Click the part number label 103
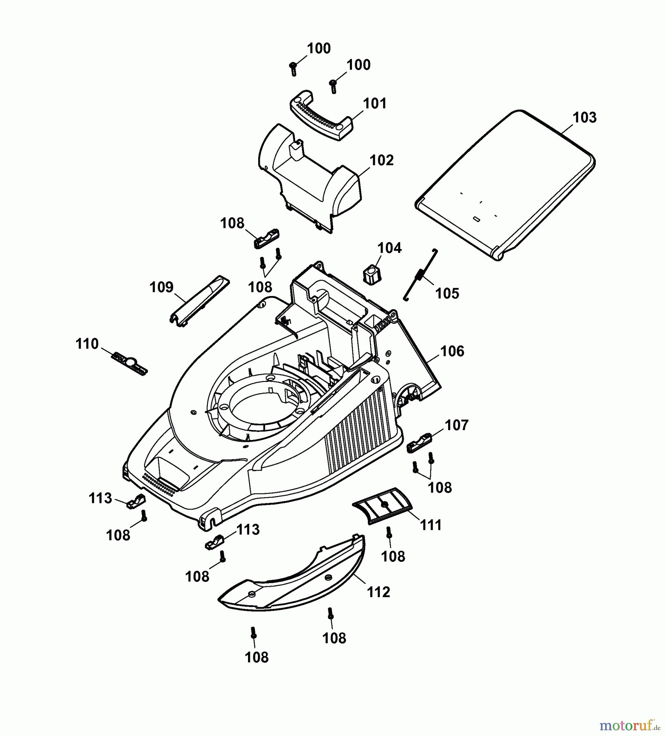(x=584, y=118)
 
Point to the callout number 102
(x=381, y=160)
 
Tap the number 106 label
(x=452, y=351)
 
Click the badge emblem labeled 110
(x=129, y=363)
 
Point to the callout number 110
(x=87, y=344)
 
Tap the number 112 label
(x=378, y=592)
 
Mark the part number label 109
(x=161, y=287)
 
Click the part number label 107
(x=456, y=425)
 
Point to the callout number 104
(x=389, y=248)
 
